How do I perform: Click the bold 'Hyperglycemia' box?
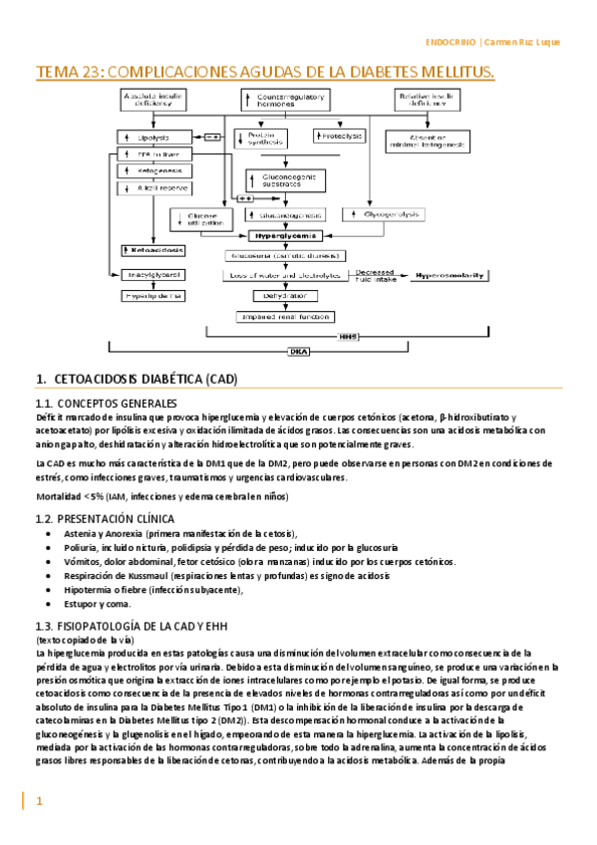[286, 236]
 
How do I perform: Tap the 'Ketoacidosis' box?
[150, 249]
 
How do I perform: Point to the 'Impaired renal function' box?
[279, 316]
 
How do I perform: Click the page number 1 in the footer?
[40, 800]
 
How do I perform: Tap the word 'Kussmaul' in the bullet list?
[155, 576]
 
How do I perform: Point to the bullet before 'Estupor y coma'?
[52, 604]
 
